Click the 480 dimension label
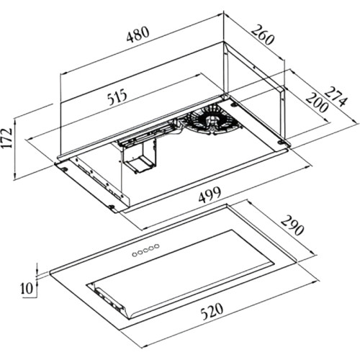click(138, 34)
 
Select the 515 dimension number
click(117, 96)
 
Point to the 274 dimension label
click(337, 96)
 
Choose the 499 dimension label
click(210, 194)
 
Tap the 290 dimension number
click(292, 225)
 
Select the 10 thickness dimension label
click(27, 288)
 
